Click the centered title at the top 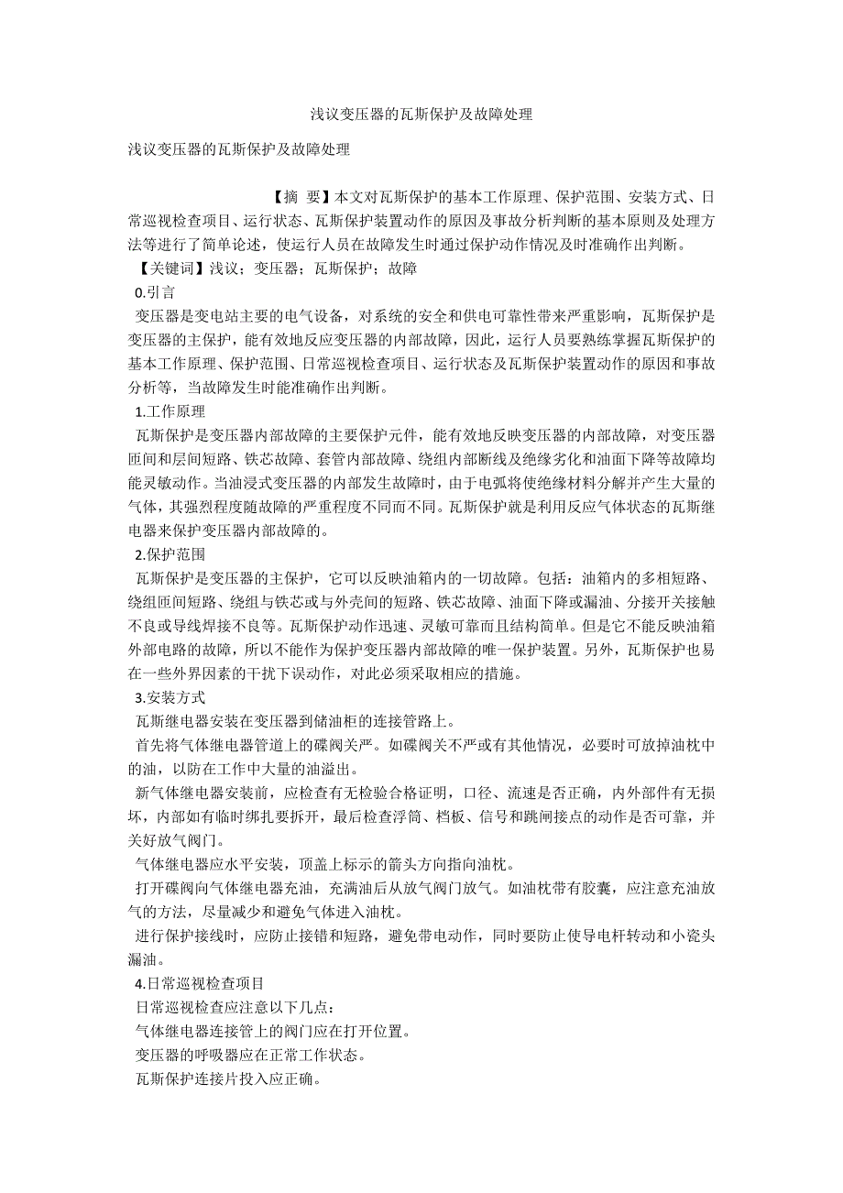[421, 115]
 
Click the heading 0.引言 [155, 292]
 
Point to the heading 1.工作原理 [170, 411]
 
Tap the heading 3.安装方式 [170, 697]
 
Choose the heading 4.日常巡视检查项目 [199, 983]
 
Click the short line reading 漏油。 [148, 959]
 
